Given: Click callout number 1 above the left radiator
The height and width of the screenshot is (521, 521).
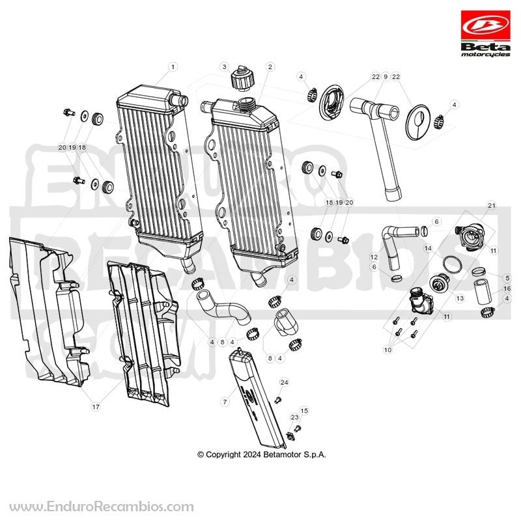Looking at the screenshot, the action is pyautogui.click(x=173, y=67).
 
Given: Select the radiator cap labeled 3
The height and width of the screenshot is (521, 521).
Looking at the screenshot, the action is pyautogui.click(x=242, y=79).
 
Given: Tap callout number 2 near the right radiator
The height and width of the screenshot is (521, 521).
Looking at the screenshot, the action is pyautogui.click(x=270, y=67).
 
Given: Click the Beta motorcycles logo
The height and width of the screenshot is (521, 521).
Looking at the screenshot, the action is pyautogui.click(x=485, y=34).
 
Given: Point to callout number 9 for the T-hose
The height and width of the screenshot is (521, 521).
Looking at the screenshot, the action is pyautogui.click(x=386, y=77).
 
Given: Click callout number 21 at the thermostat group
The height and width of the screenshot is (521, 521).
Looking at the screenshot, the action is pyautogui.click(x=492, y=206).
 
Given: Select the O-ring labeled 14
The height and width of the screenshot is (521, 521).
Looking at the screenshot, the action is pyautogui.click(x=452, y=264).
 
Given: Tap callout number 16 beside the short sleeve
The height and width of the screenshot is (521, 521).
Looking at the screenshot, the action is pyautogui.click(x=507, y=289).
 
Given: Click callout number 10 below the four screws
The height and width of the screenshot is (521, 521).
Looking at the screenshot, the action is pyautogui.click(x=387, y=350).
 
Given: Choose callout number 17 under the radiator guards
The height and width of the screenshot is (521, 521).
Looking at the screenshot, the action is pyautogui.click(x=96, y=407).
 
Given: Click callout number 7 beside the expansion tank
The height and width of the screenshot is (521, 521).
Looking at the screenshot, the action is pyautogui.click(x=225, y=402).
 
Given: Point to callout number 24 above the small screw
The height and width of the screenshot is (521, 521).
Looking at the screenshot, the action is pyautogui.click(x=284, y=382).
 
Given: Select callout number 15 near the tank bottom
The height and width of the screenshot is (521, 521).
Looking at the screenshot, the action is pyautogui.click(x=304, y=411).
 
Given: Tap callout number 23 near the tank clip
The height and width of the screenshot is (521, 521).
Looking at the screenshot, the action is pyautogui.click(x=295, y=417).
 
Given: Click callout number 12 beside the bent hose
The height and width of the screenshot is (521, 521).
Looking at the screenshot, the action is pyautogui.click(x=374, y=257).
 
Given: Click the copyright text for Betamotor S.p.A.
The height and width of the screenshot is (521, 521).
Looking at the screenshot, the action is pyautogui.click(x=262, y=455).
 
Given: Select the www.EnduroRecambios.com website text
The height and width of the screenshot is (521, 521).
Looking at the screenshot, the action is pyautogui.click(x=102, y=507).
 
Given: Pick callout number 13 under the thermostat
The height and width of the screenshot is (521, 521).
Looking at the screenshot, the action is pyautogui.click(x=460, y=298).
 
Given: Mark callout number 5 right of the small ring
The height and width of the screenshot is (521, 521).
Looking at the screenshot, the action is pyautogui.click(x=507, y=278).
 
